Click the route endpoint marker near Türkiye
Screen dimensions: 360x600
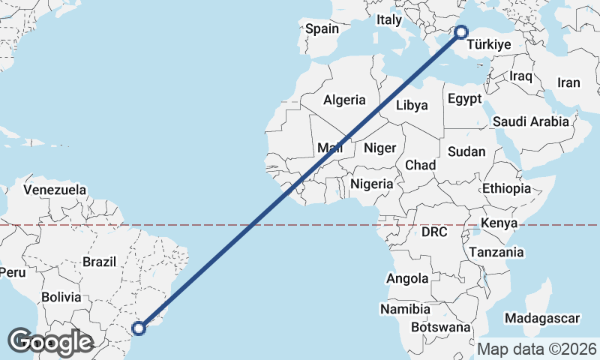[460, 31]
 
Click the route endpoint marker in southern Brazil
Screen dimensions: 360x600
[139, 328]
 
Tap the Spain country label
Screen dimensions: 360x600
[322, 29]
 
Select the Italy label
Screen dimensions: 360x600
[389, 20]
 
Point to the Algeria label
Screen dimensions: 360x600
[344, 100]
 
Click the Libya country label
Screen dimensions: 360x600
[412, 105]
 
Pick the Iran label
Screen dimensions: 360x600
[568, 82]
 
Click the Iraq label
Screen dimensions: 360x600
[520, 76]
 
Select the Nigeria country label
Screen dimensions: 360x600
[371, 184]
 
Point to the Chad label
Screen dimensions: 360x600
[420, 165]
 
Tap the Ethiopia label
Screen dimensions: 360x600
[507, 188]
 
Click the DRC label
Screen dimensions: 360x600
[434, 232]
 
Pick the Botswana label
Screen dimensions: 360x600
[441, 328]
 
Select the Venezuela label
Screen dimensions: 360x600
[55, 190]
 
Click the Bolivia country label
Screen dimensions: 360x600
[61, 297]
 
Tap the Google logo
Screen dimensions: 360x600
[50, 342]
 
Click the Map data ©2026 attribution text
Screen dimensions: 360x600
[537, 349]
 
